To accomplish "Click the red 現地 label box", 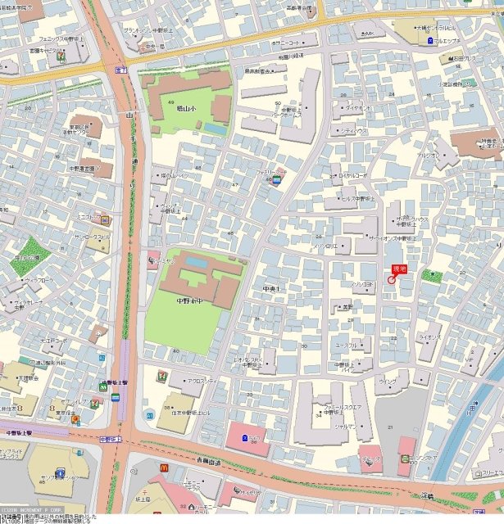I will click(x=400, y=268).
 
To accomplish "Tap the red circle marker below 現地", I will click(x=391, y=280).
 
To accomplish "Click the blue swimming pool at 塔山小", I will click(x=215, y=129).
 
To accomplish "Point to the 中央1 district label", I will click(x=271, y=290).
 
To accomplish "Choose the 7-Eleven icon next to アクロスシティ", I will click(x=161, y=376).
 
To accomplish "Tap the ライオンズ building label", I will click(x=429, y=337).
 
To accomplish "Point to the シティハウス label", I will click(x=354, y=131).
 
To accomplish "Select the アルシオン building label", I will click(x=428, y=156).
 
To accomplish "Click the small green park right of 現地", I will click(x=435, y=278).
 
